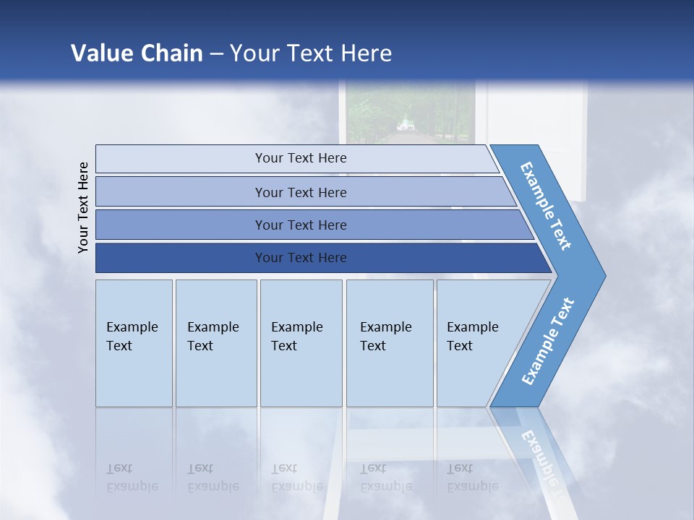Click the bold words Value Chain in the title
[x=137, y=53]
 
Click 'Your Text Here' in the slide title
[x=311, y=53]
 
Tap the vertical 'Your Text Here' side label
[x=83, y=207]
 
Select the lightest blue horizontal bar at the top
[x=181, y=158]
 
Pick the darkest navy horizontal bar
[x=181, y=258]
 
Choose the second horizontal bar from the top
[x=181, y=192]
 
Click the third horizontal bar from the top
[x=181, y=225]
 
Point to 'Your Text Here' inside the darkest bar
[x=301, y=258]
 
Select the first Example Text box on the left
[x=134, y=343]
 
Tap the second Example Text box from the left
[x=215, y=343]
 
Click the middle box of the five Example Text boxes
[x=301, y=343]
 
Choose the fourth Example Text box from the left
[x=390, y=343]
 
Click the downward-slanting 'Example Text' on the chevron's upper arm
[x=546, y=206]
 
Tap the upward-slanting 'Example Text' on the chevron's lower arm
[x=547, y=342]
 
